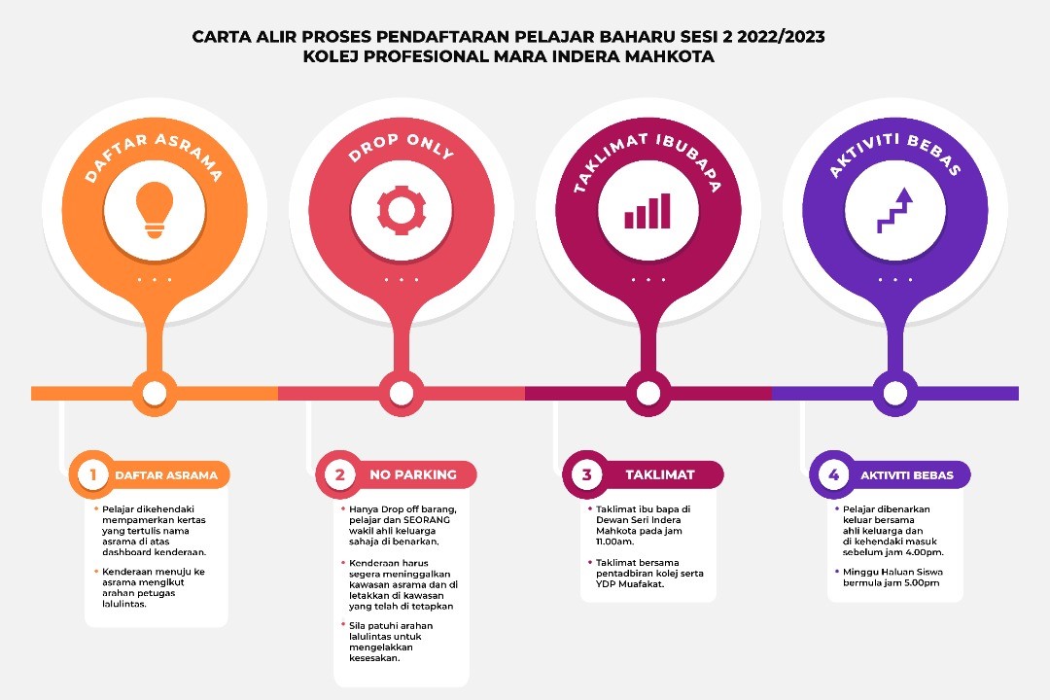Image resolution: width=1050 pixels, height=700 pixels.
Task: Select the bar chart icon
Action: [647, 211]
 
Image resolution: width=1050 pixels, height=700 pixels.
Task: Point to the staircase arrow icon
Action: [894, 210]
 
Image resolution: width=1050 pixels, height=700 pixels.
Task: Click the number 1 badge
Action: [92, 474]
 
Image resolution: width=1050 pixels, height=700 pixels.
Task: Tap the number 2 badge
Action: [339, 474]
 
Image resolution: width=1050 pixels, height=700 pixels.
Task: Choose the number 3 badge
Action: [586, 474]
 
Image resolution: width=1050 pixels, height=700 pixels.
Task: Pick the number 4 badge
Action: [834, 474]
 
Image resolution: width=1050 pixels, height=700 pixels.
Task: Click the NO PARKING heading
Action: [412, 474]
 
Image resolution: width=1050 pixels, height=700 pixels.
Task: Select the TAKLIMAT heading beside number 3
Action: [659, 474]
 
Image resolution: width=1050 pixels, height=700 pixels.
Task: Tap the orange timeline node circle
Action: [155, 393]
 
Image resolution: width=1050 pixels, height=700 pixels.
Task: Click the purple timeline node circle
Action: [894, 393]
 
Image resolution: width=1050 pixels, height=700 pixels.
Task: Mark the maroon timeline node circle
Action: [647, 393]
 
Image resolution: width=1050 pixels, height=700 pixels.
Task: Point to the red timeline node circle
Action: [402, 393]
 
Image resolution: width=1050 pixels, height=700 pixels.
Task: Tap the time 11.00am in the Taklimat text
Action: [614, 542]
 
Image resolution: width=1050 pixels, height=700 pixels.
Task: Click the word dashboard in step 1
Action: [127, 552]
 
